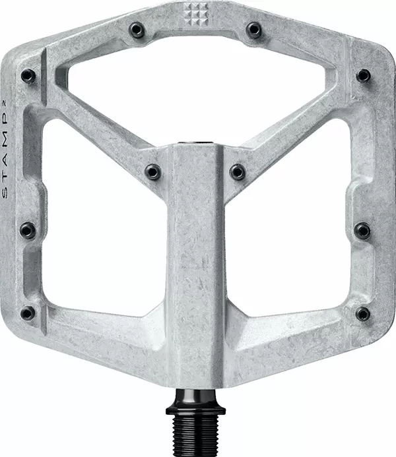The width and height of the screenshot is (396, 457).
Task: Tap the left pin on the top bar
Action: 137,29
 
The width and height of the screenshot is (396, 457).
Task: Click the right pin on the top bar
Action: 253,29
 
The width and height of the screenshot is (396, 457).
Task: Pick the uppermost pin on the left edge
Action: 28,76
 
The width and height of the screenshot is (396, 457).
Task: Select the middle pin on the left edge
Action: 28,230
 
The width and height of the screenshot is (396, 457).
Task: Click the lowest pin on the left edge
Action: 28,313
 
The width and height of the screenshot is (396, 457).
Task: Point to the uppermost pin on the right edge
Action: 363,76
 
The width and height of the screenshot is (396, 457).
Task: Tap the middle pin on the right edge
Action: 362,230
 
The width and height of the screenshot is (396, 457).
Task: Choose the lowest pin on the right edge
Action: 362,313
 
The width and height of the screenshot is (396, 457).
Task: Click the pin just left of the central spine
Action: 153,172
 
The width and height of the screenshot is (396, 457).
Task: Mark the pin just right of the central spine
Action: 238,172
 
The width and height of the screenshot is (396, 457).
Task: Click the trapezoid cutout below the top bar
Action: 196,86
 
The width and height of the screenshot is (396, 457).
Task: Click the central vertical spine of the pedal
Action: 196,264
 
